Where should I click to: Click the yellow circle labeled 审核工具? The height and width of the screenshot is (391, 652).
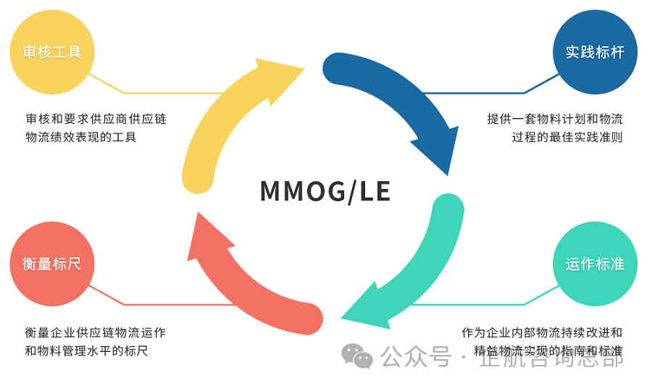(x=52, y=51)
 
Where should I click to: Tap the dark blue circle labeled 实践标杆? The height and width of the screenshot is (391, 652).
(x=595, y=52)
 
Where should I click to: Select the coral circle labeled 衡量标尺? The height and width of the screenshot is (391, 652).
(x=52, y=264)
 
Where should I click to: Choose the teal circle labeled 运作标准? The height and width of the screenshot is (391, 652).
(x=595, y=264)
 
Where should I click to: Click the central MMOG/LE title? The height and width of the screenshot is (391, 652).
(x=325, y=191)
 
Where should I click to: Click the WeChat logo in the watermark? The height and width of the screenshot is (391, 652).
(x=357, y=355)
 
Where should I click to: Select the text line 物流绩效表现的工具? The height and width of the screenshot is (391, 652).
(x=81, y=137)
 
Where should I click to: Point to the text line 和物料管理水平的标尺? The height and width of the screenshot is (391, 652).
(x=91, y=351)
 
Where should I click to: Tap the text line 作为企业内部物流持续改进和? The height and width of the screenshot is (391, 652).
(x=542, y=332)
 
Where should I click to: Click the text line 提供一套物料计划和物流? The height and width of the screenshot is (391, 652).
(x=555, y=119)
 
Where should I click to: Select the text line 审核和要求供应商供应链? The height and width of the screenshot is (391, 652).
(x=96, y=119)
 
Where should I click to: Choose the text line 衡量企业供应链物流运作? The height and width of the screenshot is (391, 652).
(x=95, y=333)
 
